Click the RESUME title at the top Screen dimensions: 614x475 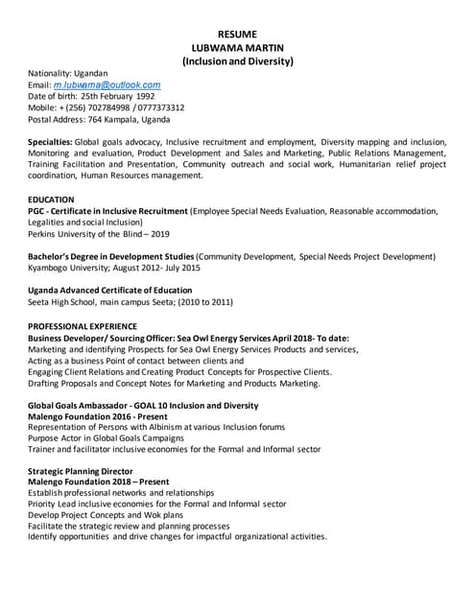(237, 34)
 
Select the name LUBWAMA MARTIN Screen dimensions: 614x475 (237, 47)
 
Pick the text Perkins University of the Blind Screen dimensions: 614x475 (85, 234)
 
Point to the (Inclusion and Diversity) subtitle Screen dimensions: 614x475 (237, 61)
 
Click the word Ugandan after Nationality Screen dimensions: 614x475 (93, 73)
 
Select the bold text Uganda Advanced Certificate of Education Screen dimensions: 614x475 (109, 291)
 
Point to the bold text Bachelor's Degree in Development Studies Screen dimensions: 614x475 (110, 257)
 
